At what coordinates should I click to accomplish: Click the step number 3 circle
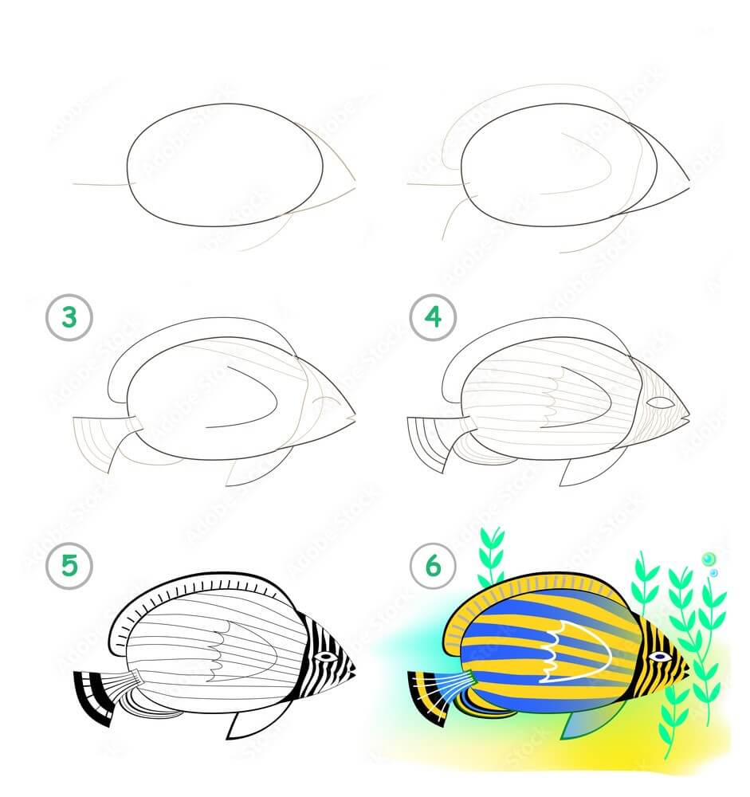point(69,317)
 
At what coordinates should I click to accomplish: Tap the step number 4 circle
point(433,317)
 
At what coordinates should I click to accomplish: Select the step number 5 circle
point(69,565)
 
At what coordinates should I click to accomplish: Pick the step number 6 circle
point(433,565)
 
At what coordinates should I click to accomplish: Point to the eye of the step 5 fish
point(325,656)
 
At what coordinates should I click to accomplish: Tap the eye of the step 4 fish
point(660,403)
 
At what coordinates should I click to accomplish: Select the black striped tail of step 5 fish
point(95,697)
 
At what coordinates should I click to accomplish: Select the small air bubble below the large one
point(714,573)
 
